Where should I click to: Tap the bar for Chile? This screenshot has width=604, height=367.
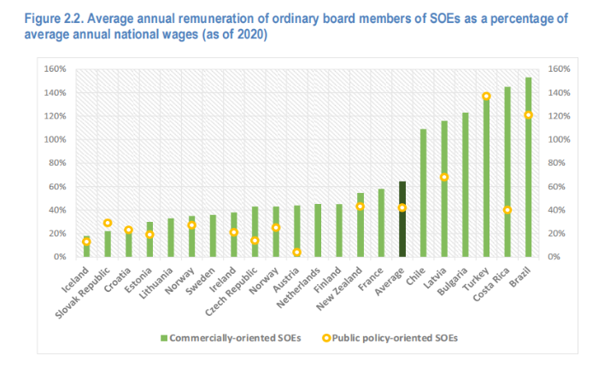(424, 193)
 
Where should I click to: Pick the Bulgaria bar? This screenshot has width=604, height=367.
(466, 184)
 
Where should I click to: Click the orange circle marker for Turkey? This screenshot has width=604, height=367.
(486, 96)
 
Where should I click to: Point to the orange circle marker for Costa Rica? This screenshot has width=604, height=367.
(507, 210)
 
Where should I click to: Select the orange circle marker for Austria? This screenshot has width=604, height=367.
(297, 252)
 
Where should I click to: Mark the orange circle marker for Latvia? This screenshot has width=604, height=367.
(444, 178)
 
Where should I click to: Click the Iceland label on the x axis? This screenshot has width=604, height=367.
(74, 277)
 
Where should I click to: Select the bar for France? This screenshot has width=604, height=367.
(381, 223)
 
